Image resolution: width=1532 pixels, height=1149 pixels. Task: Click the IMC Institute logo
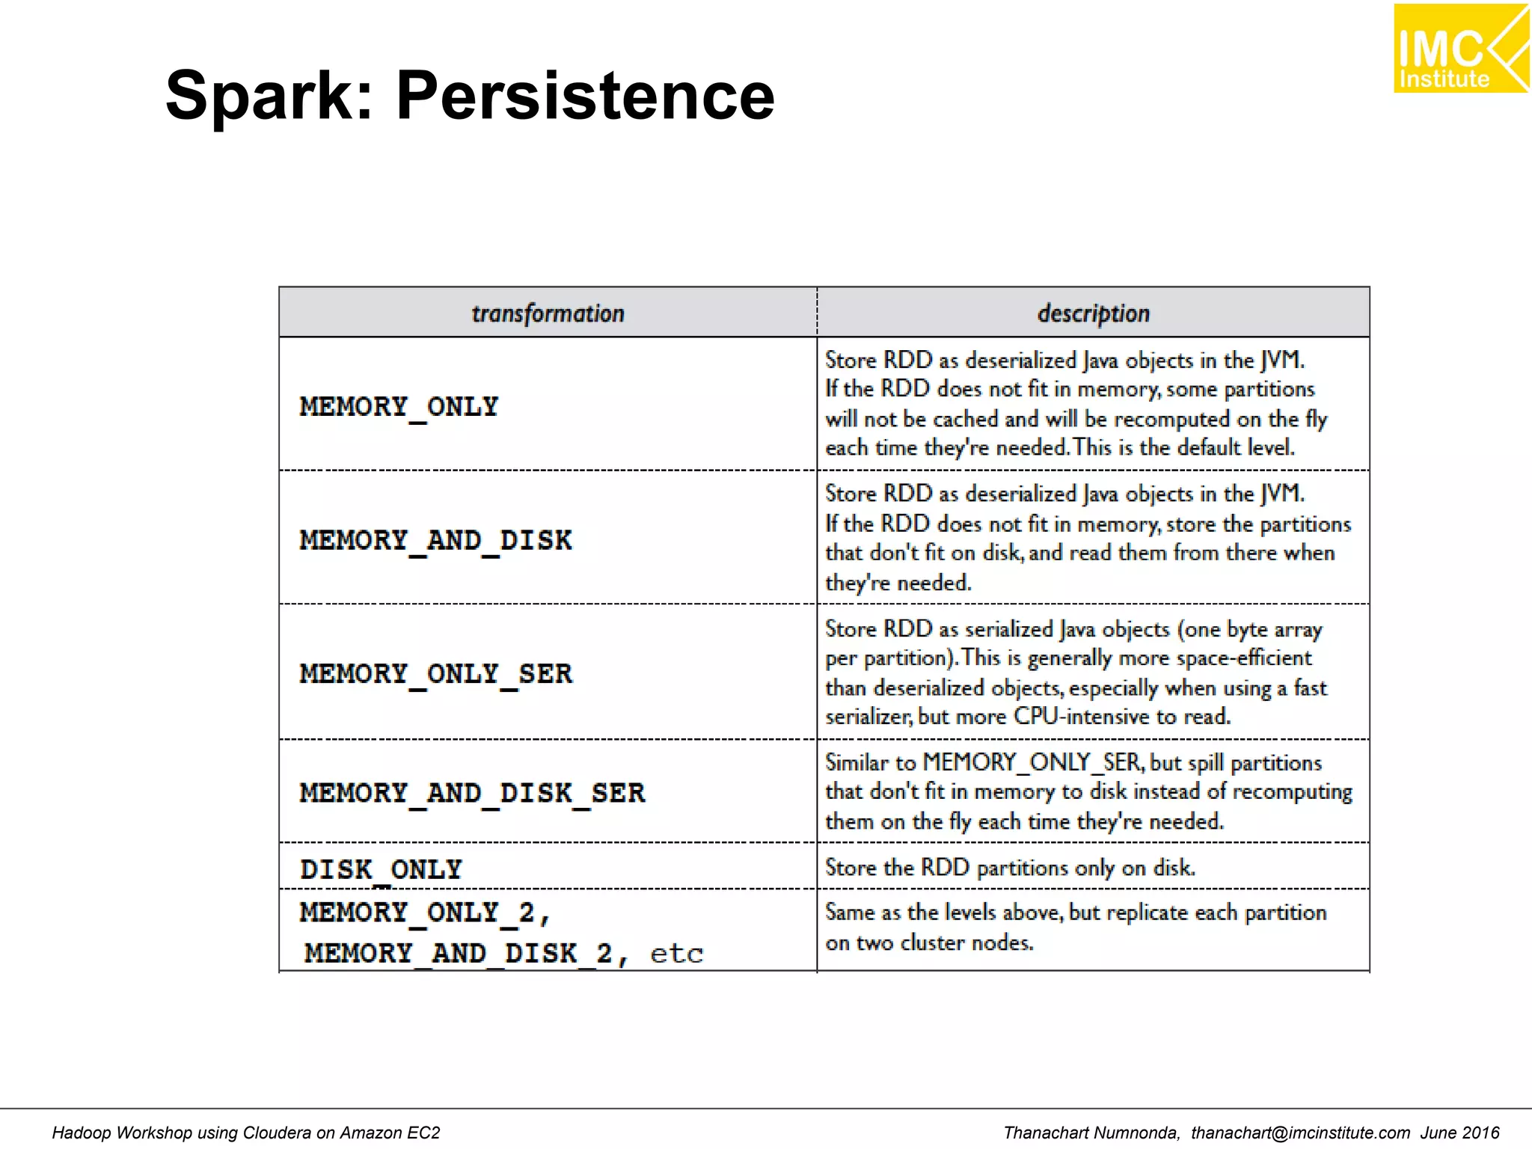click(1460, 48)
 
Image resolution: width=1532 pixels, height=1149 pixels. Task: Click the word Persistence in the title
click(585, 96)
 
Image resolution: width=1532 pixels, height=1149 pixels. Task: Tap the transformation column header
click(548, 313)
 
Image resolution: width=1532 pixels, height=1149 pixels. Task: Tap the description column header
click(1093, 313)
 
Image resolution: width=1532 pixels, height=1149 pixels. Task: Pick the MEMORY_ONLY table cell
click(399, 406)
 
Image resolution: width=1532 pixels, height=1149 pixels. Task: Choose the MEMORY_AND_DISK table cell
click(435, 540)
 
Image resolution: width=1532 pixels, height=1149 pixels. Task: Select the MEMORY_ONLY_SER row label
click(435, 673)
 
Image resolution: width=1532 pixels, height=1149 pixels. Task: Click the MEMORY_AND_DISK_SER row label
click(472, 793)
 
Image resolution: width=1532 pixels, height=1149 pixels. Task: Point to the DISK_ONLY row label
click(381, 869)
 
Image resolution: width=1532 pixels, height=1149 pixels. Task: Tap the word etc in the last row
click(676, 954)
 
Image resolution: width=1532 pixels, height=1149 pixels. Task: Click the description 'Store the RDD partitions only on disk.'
click(1010, 868)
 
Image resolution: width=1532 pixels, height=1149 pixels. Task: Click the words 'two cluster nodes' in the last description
click(945, 943)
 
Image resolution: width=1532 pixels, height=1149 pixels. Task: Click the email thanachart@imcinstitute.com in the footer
click(1300, 1133)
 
